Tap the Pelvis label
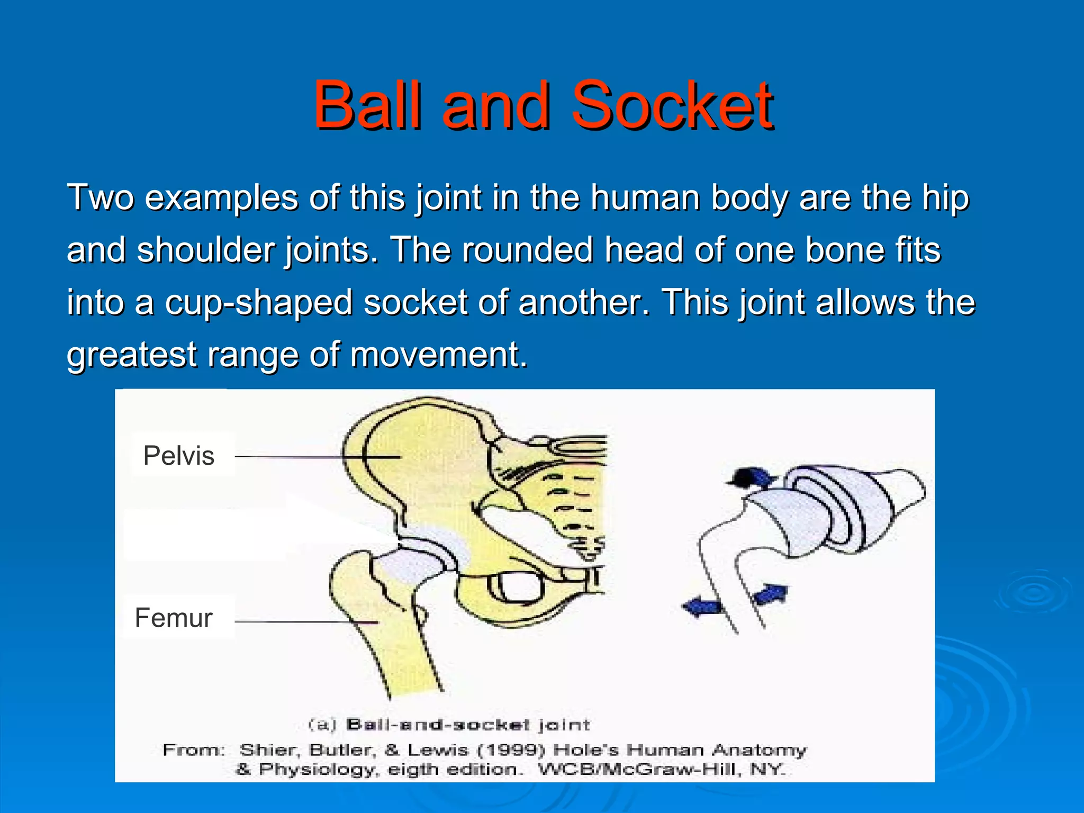pyautogui.click(x=179, y=456)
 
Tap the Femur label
pyautogui.click(x=174, y=618)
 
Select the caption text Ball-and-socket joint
pyautogui.click(x=467, y=725)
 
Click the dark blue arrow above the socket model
pyautogui.click(x=750, y=478)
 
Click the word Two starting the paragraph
pyautogui.click(x=100, y=197)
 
